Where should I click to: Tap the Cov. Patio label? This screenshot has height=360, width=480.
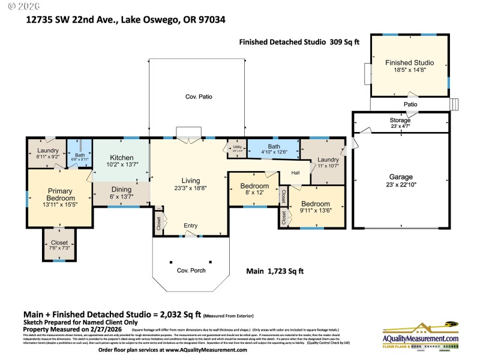click(x=198, y=97)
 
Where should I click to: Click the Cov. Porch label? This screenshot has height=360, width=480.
click(x=191, y=271)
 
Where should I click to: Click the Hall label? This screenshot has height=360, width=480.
click(x=295, y=174)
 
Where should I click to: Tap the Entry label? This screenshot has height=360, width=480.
click(x=190, y=226)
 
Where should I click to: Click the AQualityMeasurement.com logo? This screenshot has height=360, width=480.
click(x=420, y=334)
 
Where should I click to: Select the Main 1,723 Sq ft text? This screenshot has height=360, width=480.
click(x=275, y=271)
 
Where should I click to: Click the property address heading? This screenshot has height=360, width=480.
click(x=125, y=19)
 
